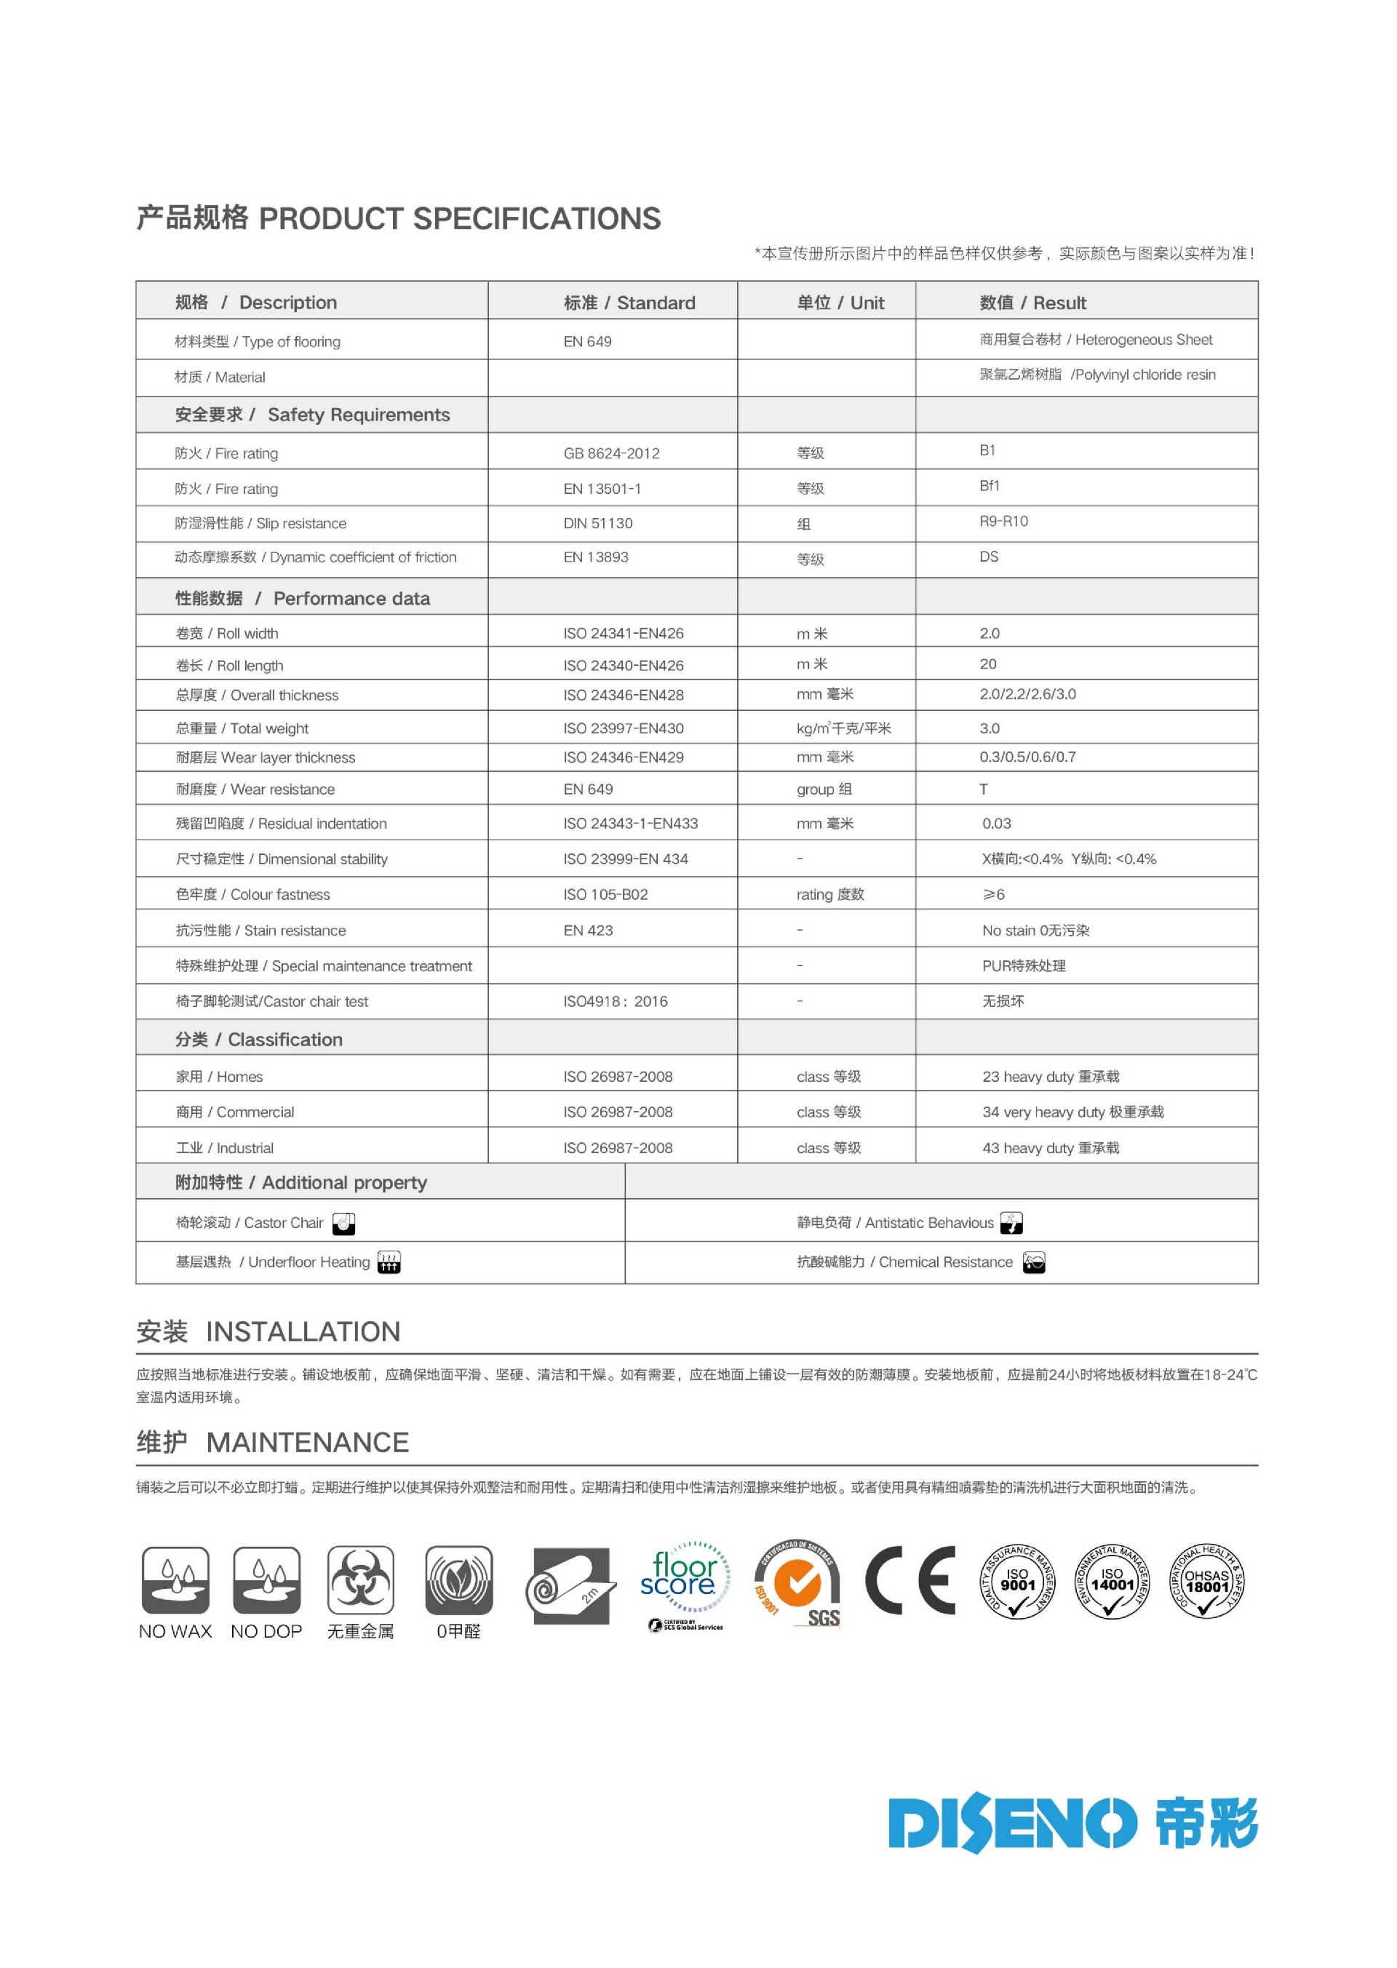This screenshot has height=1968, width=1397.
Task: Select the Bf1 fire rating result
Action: tap(990, 486)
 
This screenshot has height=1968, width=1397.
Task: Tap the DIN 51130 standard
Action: tap(598, 523)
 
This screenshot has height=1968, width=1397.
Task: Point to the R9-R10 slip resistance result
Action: tap(1003, 521)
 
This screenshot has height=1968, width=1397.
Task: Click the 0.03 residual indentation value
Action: tap(996, 823)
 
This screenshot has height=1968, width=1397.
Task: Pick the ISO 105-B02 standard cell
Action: tap(605, 895)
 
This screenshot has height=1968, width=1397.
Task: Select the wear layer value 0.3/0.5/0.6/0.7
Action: tap(1027, 757)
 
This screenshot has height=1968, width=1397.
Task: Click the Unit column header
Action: tap(840, 303)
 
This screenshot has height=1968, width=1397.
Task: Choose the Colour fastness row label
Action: tap(253, 895)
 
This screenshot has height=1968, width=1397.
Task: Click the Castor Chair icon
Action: tap(343, 1223)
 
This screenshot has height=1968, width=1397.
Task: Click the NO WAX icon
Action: tap(175, 1580)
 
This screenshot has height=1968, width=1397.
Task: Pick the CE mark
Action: tap(910, 1580)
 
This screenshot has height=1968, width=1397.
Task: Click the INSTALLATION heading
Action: tap(303, 1331)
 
